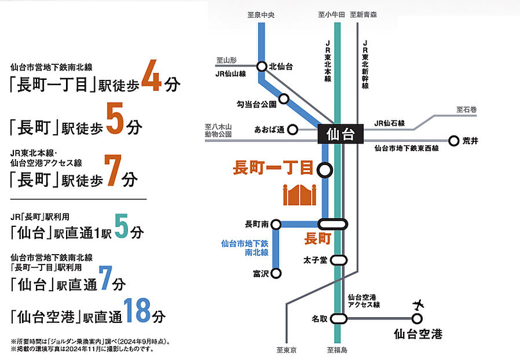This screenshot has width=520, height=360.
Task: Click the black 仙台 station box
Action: pos(339,135)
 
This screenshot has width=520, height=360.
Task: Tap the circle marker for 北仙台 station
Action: pos(262,67)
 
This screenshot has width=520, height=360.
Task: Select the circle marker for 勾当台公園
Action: pos(284,98)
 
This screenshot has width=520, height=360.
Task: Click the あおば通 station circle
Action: pos(293,130)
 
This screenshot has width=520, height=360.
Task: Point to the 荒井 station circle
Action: pos(453,140)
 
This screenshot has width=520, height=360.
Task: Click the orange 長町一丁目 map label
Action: pos(272,169)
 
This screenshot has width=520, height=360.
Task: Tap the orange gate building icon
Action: pos(299,195)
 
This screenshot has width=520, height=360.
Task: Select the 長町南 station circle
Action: pos(276,224)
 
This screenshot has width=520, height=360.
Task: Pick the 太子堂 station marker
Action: pos(339,260)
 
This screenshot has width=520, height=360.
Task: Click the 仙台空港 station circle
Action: pos(417,318)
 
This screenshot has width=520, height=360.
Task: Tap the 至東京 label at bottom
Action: pos(287,350)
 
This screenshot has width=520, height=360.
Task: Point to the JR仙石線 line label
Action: pos(390,123)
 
